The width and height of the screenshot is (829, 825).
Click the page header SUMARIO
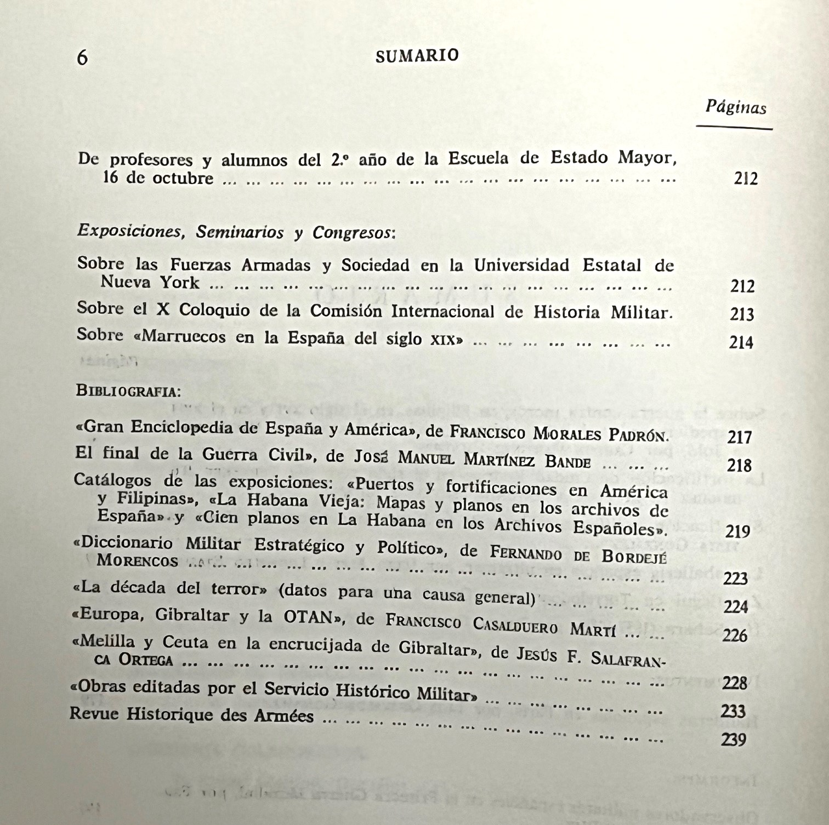(417, 56)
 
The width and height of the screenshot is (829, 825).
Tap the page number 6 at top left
(82, 57)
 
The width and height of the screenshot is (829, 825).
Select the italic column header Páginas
(735, 106)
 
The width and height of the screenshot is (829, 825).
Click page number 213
(742, 314)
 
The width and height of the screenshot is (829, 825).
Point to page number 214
(741, 342)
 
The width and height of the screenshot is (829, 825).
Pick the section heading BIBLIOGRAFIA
(128, 391)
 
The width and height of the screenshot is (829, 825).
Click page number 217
(739, 437)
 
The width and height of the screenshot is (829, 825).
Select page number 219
(737, 531)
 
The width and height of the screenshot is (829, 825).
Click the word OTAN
(309, 617)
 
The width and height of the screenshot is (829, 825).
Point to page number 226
(735, 635)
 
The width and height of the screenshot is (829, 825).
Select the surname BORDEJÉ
(633, 556)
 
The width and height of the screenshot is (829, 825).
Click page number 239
(734, 740)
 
